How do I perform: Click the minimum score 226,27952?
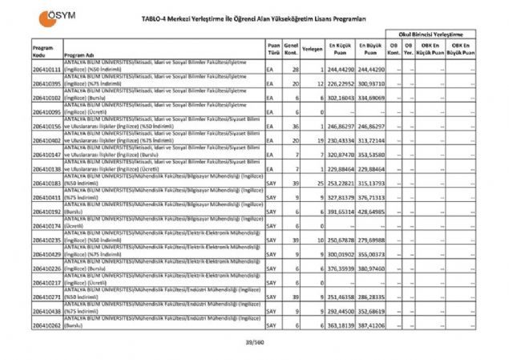(x=339, y=84)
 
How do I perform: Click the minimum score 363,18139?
(x=339, y=326)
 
